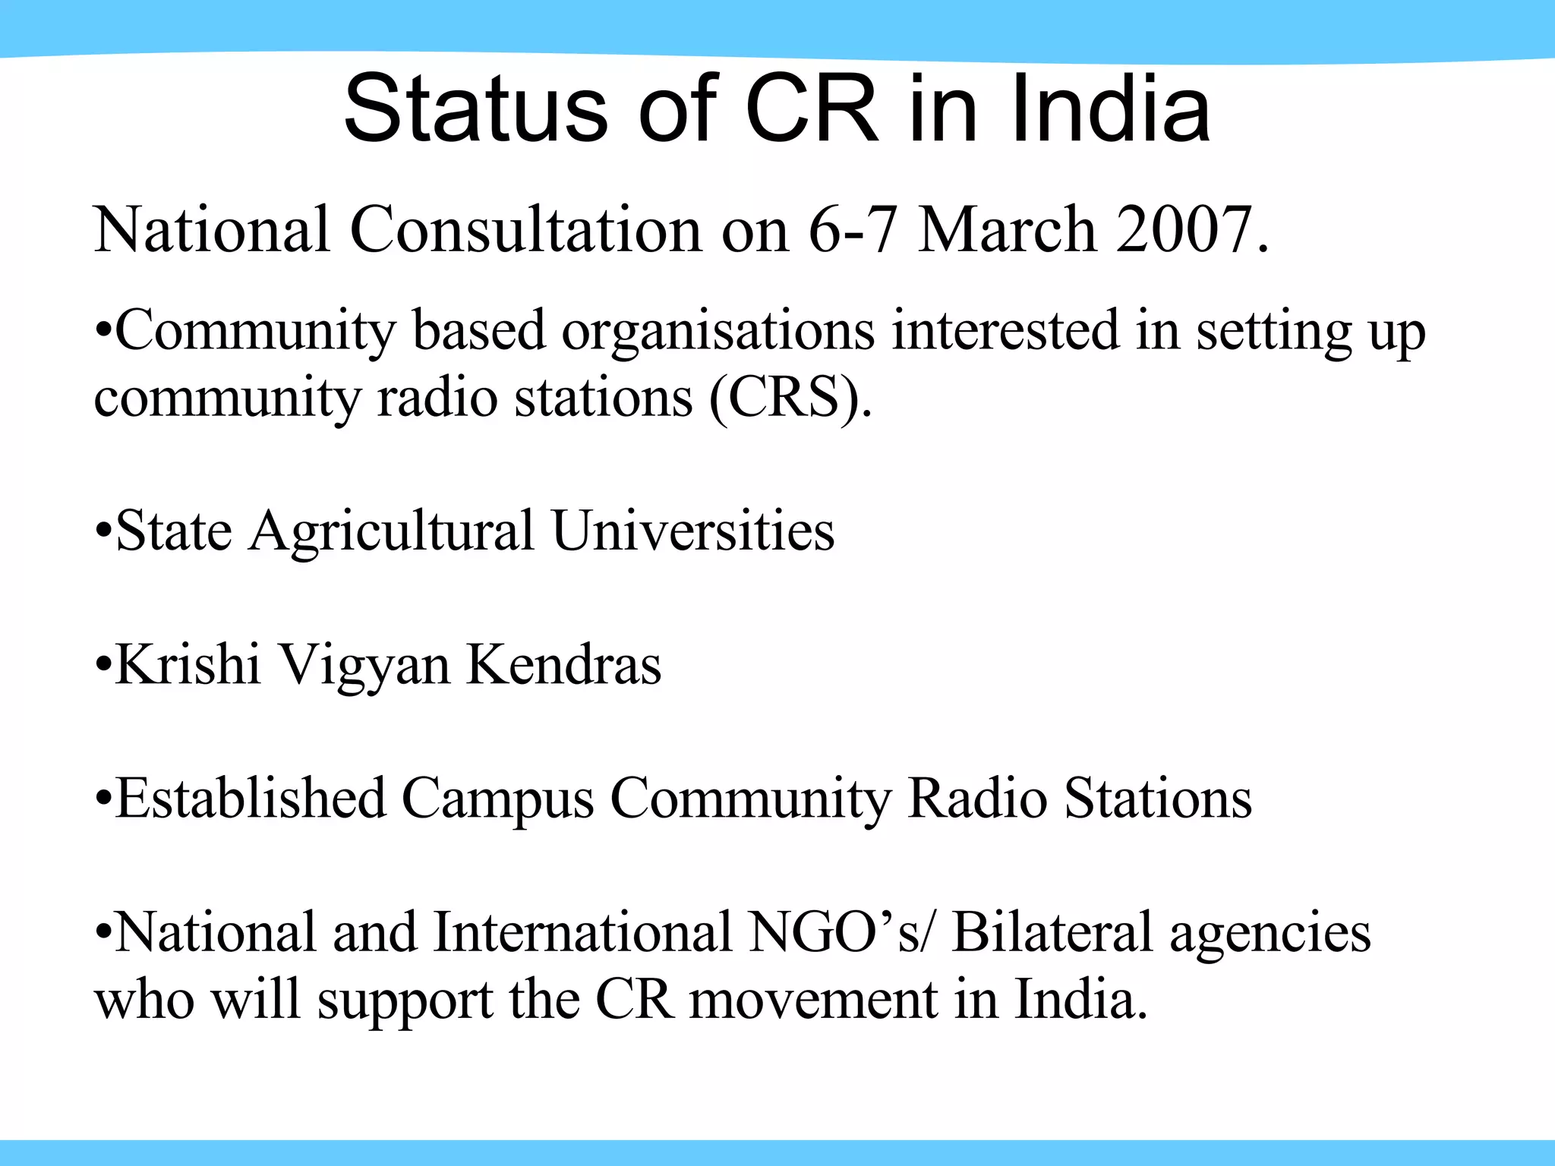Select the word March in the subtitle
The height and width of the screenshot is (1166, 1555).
click(x=1007, y=229)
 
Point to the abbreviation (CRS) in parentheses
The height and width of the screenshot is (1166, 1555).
click(x=790, y=398)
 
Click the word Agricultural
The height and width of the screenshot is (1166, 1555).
click(x=392, y=531)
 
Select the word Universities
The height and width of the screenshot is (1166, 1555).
click(x=693, y=531)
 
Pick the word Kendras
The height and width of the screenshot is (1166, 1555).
click(x=563, y=664)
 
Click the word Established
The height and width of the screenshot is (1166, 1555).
click(x=251, y=799)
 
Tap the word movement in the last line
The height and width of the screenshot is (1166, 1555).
click(x=813, y=1000)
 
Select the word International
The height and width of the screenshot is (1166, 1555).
click(x=582, y=932)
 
